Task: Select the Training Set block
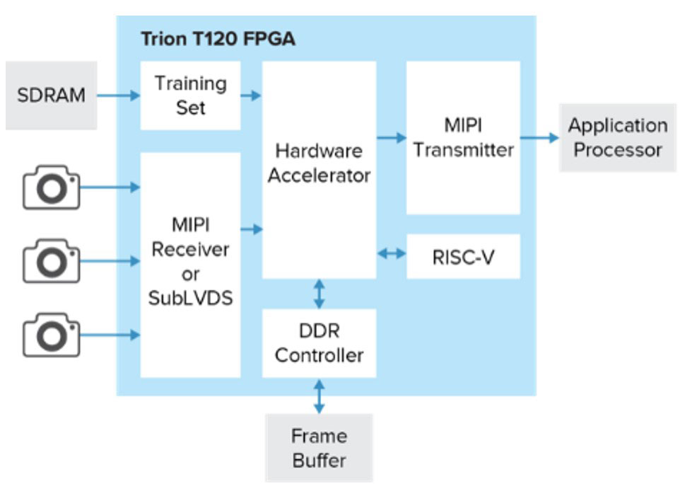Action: (190, 96)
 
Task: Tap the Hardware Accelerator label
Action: (319, 163)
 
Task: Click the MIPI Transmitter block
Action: (463, 138)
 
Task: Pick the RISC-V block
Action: (463, 256)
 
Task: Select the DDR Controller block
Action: (319, 342)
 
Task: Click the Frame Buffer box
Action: (319, 448)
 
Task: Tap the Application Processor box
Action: (617, 138)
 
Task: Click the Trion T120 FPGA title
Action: (218, 39)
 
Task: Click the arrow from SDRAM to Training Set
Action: (118, 95)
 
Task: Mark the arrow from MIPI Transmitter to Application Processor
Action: (539, 137)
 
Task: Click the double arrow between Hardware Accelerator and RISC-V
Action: (391, 253)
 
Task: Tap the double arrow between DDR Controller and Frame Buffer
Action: (319, 396)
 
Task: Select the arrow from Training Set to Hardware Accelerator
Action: (251, 95)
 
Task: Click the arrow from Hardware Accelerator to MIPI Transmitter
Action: (391, 138)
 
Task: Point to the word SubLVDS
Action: (190, 298)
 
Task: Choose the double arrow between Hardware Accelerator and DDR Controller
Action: (319, 294)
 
